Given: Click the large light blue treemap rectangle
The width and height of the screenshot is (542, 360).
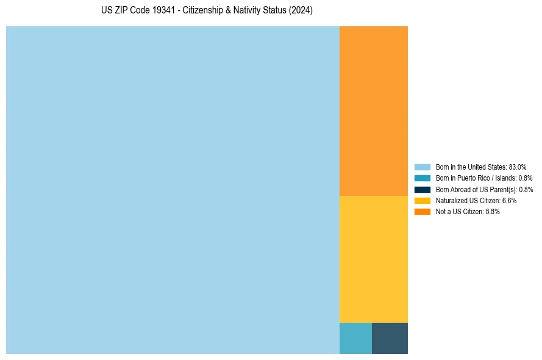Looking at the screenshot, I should coord(173,190).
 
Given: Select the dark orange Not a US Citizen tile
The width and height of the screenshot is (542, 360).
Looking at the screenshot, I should coord(373,110).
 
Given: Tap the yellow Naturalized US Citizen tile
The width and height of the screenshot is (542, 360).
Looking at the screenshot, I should coord(373,259).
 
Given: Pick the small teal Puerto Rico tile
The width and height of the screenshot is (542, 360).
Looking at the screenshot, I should coord(355,338).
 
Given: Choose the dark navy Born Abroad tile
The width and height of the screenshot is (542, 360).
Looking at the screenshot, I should coord(390,338).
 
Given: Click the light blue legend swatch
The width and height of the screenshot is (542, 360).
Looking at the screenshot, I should coord(423,167).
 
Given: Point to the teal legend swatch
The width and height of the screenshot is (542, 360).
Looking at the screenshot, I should coord(423,178).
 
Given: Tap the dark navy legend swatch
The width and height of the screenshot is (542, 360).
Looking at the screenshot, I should coord(423,189).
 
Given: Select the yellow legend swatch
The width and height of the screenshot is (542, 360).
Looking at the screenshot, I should coord(423,200).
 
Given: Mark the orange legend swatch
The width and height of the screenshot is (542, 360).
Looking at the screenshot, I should coord(423,212).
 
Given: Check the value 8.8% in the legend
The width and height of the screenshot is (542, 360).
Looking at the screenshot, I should coord(493,212).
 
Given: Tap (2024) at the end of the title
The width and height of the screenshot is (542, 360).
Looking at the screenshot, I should coord(301,10).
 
